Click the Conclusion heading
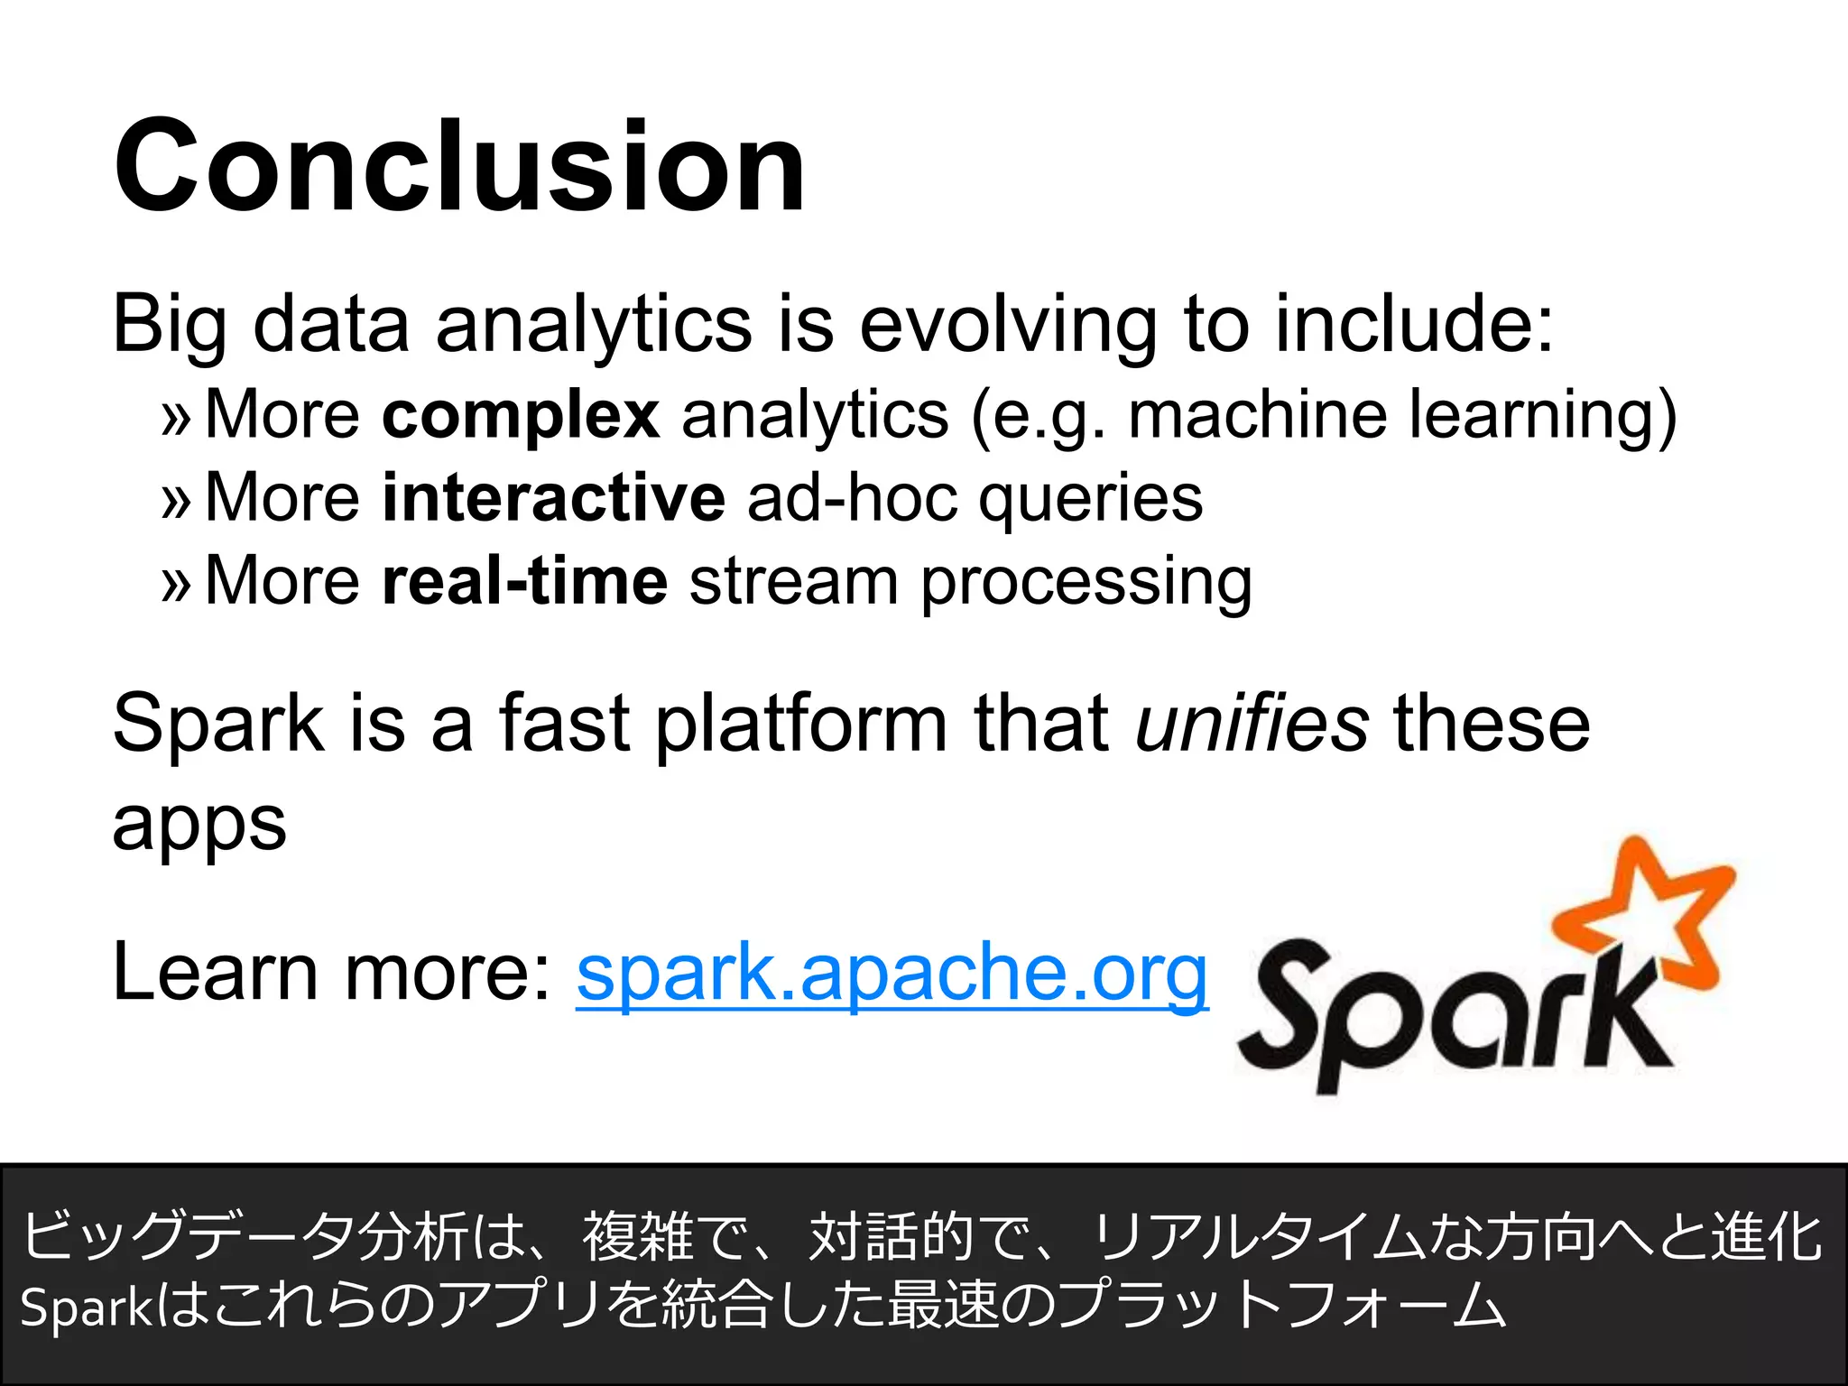[459, 167]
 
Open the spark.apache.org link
[892, 973]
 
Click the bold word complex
[520, 417]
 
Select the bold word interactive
[552, 498]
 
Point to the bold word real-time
[524, 581]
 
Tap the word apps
[199, 823]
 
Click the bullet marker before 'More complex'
[176, 419]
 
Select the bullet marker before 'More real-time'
[176, 584]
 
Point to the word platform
[800, 725]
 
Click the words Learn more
[330, 973]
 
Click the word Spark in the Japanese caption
[88, 1307]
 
